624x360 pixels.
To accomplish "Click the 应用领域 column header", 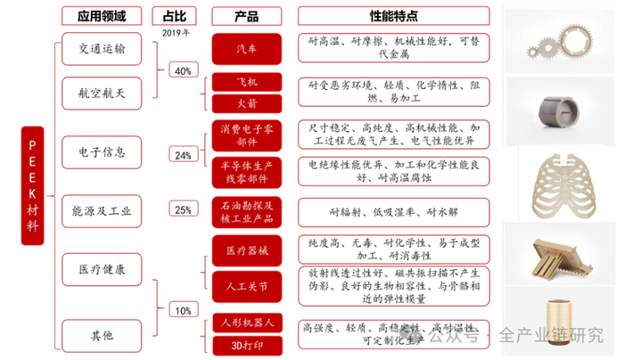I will pyautogui.click(x=102, y=15).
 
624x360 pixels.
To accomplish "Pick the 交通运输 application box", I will pyautogui.click(x=101, y=50).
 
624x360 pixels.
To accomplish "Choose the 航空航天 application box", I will pyautogui.click(x=101, y=92).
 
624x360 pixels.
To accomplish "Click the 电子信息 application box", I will pyautogui.click(x=101, y=151).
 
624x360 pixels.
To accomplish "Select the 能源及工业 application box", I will pyautogui.click(x=101, y=211).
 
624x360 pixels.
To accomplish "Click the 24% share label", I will pyautogui.click(x=183, y=155).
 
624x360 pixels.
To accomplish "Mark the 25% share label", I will pyautogui.click(x=183, y=210).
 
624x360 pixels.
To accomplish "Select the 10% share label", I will pyautogui.click(x=183, y=311).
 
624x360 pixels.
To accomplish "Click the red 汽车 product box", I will pyautogui.click(x=247, y=45).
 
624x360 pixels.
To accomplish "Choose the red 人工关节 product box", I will pyautogui.click(x=247, y=287).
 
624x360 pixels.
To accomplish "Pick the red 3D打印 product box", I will pyautogui.click(x=247, y=344).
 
